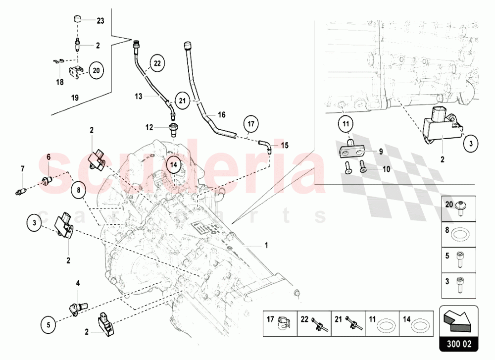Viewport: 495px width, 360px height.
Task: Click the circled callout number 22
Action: click(x=157, y=63)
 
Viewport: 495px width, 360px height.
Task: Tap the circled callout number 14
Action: click(x=174, y=164)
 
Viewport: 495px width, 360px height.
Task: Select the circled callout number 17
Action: click(x=250, y=123)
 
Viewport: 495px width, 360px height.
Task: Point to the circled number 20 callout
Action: click(x=97, y=70)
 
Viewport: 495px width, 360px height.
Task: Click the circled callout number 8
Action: click(x=79, y=190)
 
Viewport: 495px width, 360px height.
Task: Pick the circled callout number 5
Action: click(x=49, y=325)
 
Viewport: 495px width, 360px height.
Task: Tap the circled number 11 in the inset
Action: click(x=346, y=123)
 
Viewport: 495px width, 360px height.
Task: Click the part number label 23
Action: click(x=100, y=21)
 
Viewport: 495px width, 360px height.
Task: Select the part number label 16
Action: click(x=222, y=114)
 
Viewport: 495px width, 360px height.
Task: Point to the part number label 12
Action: click(x=149, y=127)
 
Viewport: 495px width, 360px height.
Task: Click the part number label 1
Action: click(x=266, y=245)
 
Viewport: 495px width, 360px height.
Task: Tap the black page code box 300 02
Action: click(x=459, y=344)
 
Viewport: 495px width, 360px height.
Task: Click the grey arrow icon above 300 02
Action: click(x=458, y=320)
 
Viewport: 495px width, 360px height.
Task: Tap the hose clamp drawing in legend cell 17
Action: click(x=283, y=324)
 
